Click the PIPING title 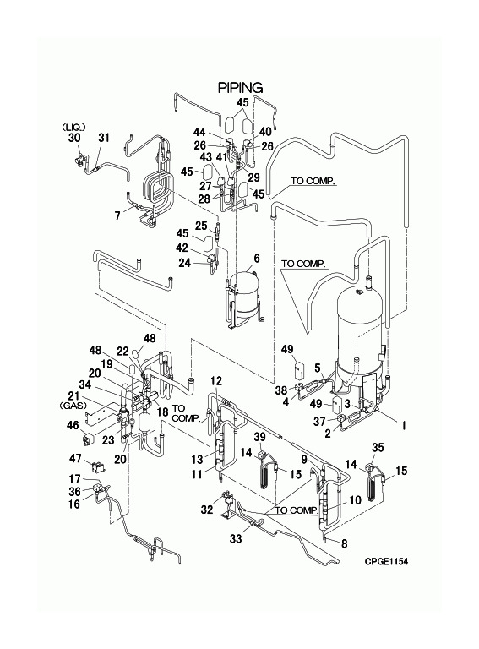coord(240,88)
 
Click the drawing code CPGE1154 coord(386,561)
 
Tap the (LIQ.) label coord(71,127)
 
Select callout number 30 coord(74,138)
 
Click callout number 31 coord(104,138)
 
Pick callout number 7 coord(118,215)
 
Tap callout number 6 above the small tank coord(257,259)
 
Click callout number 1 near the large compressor coord(403,425)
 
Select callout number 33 coord(236,539)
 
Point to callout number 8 coord(344,543)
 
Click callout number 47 coord(75,459)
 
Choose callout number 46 coord(73,425)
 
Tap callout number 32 coord(206,510)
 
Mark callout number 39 coord(259,438)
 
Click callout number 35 coord(378,447)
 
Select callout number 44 coord(199,132)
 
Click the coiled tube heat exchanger coord(158,188)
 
